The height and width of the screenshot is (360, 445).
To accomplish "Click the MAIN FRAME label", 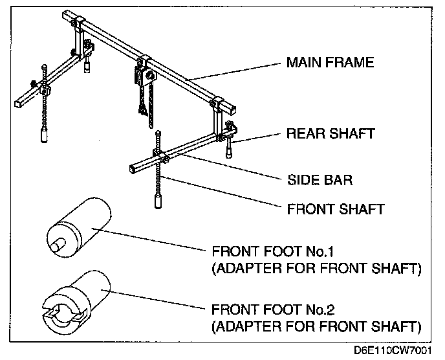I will (x=330, y=63).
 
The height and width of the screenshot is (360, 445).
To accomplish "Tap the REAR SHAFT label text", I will (x=331, y=134).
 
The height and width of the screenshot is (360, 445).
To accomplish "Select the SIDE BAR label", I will (x=320, y=180).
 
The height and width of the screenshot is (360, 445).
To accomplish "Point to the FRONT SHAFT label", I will (x=335, y=209).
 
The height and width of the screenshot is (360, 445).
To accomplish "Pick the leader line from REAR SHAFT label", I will (x=259, y=137).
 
